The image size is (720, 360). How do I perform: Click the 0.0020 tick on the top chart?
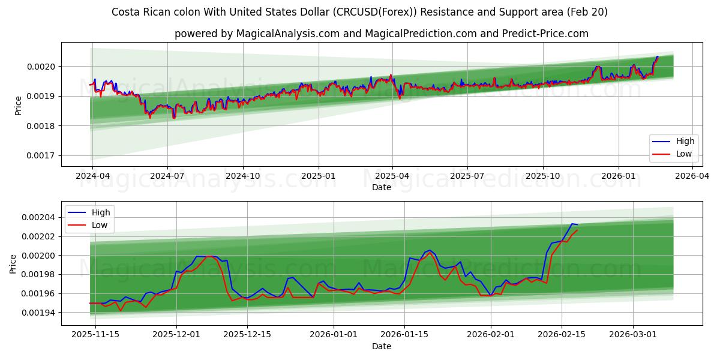coord(42,67)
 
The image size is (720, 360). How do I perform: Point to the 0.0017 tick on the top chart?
coord(42,156)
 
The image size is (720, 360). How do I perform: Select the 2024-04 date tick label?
coord(92,176)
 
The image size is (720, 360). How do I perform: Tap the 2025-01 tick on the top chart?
coord(318,176)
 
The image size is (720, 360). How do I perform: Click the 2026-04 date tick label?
coord(693,176)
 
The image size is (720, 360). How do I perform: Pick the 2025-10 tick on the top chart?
coord(543,176)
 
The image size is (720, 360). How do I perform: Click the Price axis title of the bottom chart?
coord(13,264)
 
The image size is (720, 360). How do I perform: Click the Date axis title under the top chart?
coord(381,187)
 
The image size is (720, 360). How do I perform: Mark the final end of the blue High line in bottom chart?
coord(577,224)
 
